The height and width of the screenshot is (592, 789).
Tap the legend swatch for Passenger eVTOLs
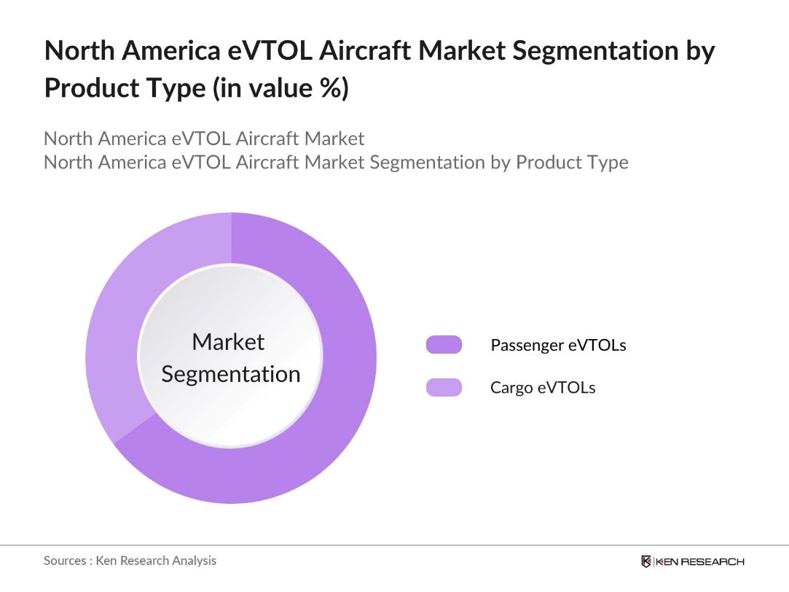(x=444, y=345)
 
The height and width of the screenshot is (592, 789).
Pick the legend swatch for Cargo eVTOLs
(x=444, y=387)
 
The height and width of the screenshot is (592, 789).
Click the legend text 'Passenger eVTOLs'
(x=558, y=345)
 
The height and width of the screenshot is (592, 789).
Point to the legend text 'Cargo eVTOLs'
(x=543, y=387)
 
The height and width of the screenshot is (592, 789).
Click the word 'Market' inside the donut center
(x=228, y=341)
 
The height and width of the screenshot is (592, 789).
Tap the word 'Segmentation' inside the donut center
(x=231, y=374)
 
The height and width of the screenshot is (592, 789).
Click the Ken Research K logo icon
(x=646, y=561)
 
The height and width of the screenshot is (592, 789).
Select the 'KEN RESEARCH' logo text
(x=699, y=561)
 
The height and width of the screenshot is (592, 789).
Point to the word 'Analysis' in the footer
(x=194, y=561)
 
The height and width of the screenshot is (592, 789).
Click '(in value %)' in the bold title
(x=281, y=88)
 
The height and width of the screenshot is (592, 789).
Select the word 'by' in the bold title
(x=698, y=52)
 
